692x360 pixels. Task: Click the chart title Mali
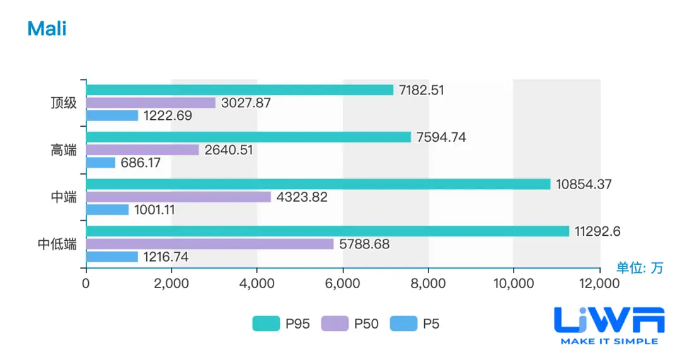47,29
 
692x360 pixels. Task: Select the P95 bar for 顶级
239,90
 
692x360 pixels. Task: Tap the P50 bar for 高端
142,150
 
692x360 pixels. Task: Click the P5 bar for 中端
107,209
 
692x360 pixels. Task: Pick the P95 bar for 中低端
327,231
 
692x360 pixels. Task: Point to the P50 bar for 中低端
210,244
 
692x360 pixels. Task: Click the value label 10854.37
584,184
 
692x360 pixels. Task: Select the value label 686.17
141,163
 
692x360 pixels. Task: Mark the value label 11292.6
597,231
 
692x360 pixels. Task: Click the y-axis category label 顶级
64,103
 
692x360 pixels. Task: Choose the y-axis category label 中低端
57,244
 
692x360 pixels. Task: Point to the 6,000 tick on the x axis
342,284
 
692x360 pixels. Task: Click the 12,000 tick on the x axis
599,284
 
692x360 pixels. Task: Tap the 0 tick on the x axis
86,284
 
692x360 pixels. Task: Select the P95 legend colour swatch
265,324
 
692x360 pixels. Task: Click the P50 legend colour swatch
334,324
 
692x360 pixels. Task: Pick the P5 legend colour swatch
403,324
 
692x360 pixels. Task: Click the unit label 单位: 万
640,268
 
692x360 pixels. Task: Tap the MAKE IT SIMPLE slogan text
609,341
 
